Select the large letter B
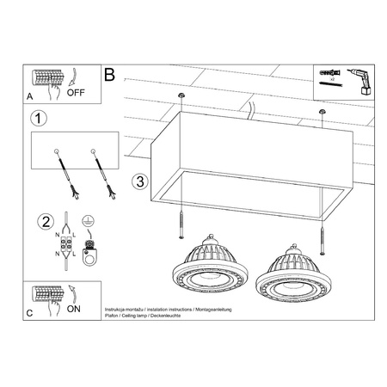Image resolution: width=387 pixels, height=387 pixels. coord(109,75)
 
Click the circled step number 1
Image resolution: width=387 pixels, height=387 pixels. coord(37,118)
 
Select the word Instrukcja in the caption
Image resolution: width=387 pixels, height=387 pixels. coord(116,307)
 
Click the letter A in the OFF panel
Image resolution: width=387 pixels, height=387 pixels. coord(31,98)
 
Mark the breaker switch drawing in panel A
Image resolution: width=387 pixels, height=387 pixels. coord(48,79)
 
